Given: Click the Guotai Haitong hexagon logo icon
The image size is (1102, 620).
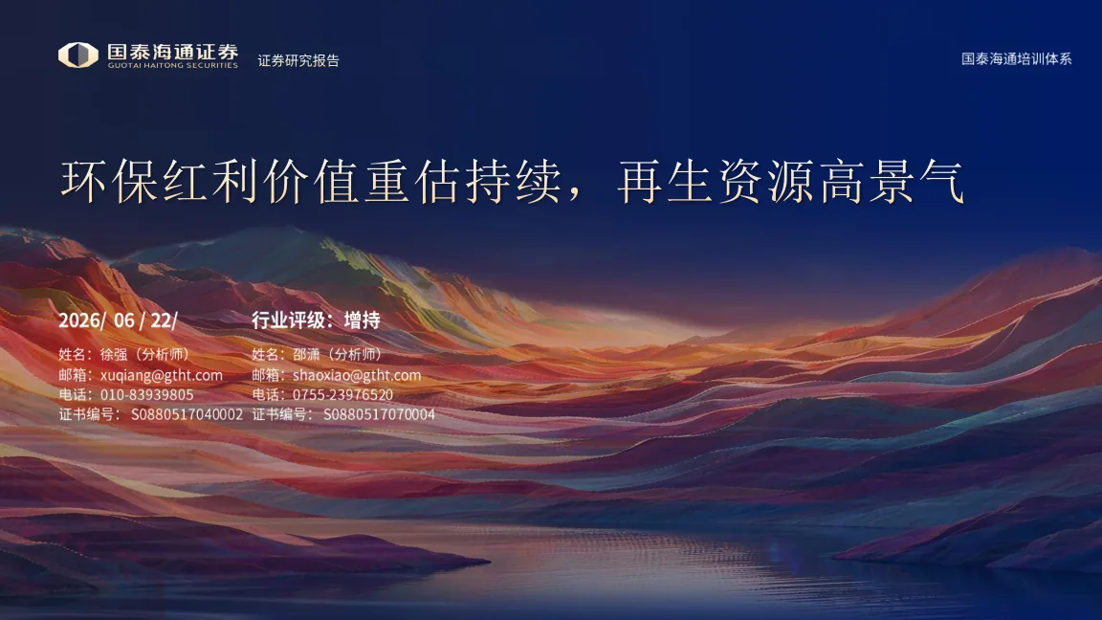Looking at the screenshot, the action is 78,55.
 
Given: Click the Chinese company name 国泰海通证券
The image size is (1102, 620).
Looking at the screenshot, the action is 173,52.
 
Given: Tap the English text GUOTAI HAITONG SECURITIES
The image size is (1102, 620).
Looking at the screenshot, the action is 173,65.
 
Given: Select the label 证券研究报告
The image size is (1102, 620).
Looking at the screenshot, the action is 298,60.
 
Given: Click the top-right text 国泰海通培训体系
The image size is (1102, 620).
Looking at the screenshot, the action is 1016,59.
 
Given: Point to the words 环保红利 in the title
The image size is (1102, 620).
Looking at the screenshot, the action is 161,182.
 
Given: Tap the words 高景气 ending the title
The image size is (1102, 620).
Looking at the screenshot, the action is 892,182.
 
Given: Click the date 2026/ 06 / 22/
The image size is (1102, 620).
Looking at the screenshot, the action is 118,321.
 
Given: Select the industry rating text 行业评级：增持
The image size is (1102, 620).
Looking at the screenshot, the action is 317,321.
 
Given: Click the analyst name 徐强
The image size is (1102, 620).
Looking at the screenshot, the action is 113,354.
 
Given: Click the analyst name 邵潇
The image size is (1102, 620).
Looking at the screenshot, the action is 306,354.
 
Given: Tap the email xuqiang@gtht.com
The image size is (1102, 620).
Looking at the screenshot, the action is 161,375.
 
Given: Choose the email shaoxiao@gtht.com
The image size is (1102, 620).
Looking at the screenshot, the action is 357,375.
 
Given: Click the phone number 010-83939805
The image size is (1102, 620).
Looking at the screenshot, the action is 147,395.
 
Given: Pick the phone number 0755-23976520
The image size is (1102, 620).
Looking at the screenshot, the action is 343,395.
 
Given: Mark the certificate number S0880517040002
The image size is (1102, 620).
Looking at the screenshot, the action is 187,414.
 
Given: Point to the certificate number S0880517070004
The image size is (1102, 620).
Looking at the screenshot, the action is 380,414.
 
